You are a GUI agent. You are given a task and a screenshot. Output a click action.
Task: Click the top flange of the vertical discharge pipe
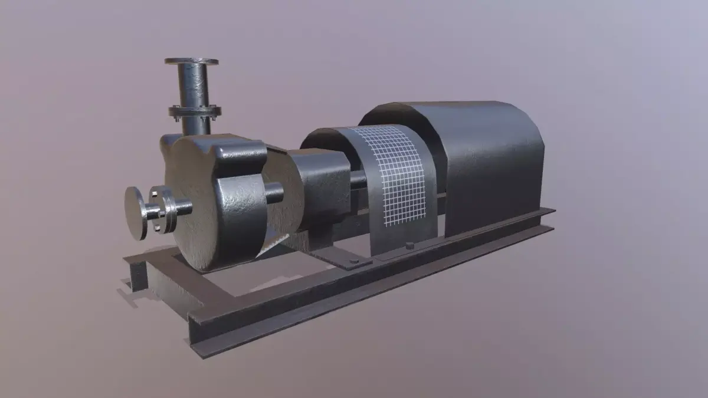(x=191, y=61)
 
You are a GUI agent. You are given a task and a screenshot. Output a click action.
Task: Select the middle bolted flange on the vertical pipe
(x=195, y=111)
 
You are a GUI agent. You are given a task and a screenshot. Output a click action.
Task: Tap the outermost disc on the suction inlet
(x=135, y=213)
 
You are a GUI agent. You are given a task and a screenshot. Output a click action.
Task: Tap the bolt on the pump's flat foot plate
(x=353, y=261)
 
